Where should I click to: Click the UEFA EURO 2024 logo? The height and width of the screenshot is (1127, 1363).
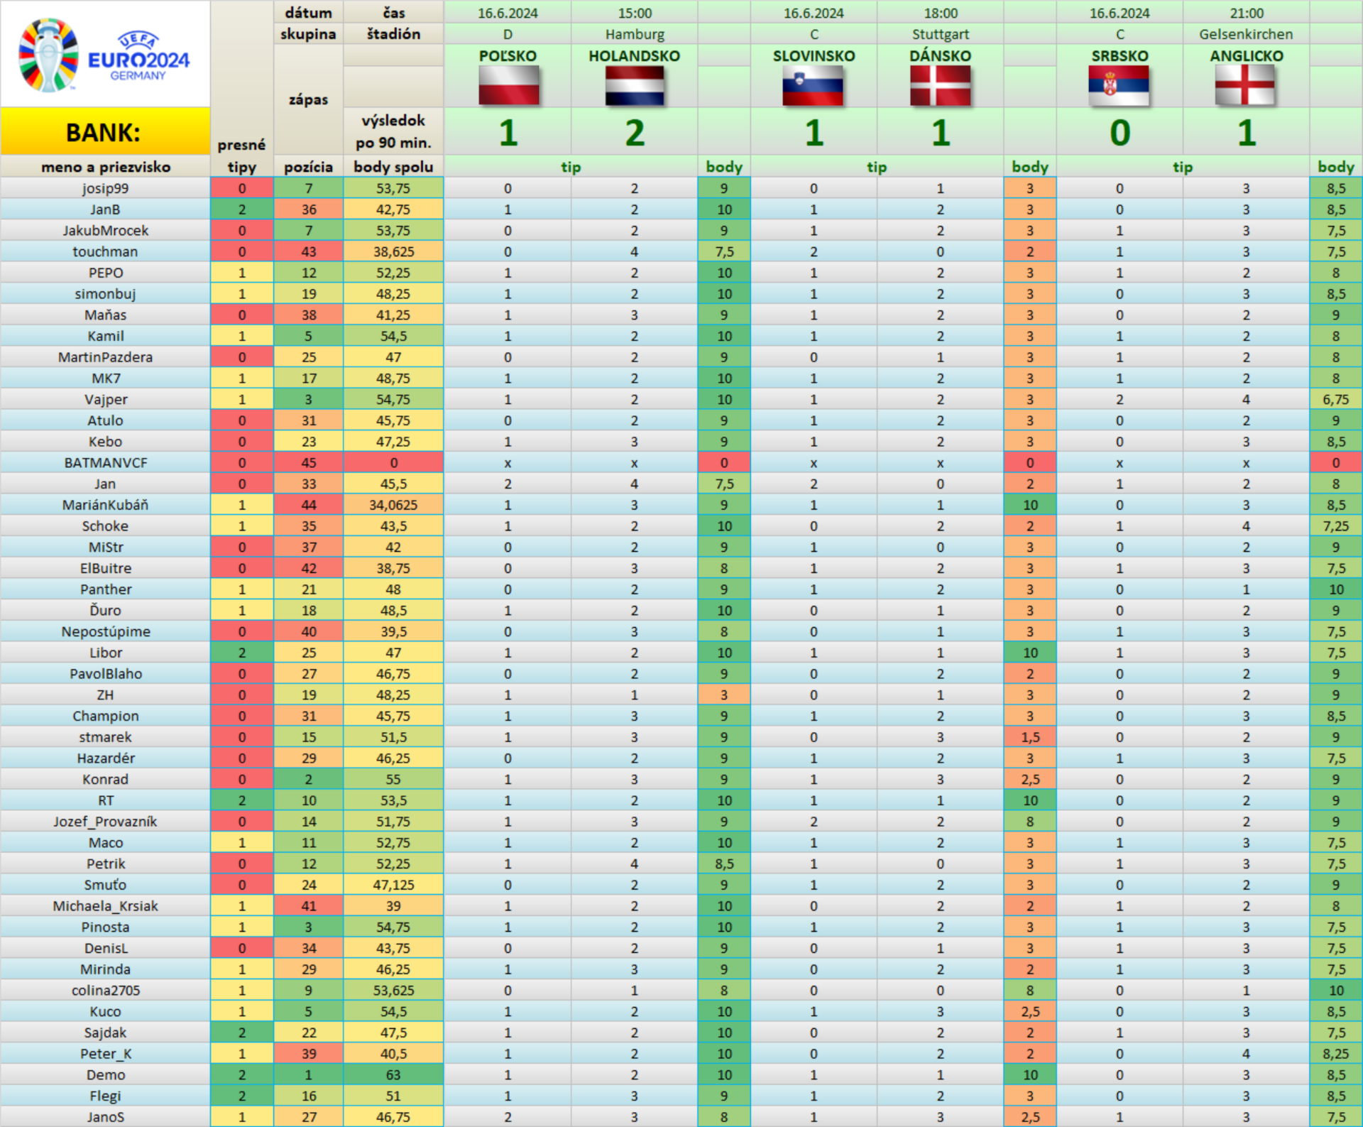click(104, 55)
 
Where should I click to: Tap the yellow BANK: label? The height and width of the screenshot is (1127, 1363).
click(104, 132)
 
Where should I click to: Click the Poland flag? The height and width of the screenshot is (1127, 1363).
click(508, 86)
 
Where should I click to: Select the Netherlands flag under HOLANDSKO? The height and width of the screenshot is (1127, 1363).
click(635, 86)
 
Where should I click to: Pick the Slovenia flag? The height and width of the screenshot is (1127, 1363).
click(814, 86)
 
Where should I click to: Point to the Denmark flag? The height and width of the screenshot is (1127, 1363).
click(940, 86)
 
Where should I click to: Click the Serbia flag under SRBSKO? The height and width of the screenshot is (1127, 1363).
click(1119, 86)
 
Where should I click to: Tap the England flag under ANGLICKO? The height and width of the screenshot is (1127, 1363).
click(1246, 86)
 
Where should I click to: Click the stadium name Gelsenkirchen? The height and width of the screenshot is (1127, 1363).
click(1246, 34)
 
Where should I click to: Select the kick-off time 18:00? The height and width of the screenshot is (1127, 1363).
click(941, 13)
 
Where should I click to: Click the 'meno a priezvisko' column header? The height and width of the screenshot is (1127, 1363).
click(106, 167)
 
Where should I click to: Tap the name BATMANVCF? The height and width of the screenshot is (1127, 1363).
click(106, 463)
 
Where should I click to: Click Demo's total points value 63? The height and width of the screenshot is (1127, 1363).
click(393, 1075)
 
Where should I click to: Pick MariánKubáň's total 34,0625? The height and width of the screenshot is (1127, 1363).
click(393, 505)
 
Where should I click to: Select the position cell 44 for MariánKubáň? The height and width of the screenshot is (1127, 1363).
click(309, 505)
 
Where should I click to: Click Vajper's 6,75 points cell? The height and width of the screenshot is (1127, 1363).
click(1335, 400)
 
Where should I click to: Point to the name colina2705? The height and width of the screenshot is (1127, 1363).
click(106, 991)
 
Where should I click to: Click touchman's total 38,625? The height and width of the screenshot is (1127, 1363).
click(393, 252)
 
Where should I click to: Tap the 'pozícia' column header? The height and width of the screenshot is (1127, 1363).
click(309, 167)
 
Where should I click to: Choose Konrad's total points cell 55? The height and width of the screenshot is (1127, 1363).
click(393, 780)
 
